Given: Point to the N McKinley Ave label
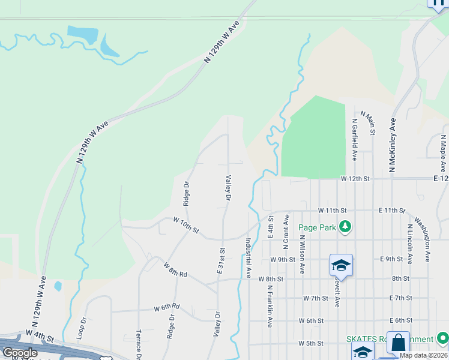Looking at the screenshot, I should coord(393,145).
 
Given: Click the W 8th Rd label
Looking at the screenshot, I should coord(175,269).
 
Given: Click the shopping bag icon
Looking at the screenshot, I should coord(398,343).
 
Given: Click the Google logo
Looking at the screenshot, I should coord(20,353).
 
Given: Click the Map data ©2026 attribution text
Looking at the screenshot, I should coord(423,355).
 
